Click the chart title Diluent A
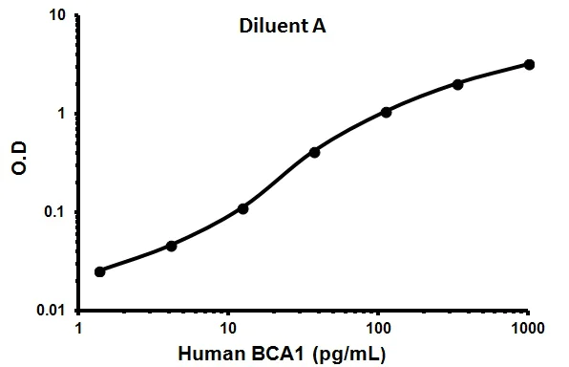point(283,26)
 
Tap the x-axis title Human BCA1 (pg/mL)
point(303,353)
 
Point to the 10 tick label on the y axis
point(57,16)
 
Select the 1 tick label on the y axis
point(62,114)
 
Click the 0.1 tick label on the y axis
point(56,213)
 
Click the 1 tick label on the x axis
point(78,328)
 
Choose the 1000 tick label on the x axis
point(528,328)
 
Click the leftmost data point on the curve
point(100,271)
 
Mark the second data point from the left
point(172,246)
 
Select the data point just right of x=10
point(243,208)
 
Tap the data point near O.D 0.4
point(314,152)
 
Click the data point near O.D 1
point(387,112)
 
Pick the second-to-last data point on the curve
point(458,84)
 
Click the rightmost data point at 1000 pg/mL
point(529,64)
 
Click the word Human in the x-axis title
point(235,353)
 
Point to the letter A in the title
point(321,26)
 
